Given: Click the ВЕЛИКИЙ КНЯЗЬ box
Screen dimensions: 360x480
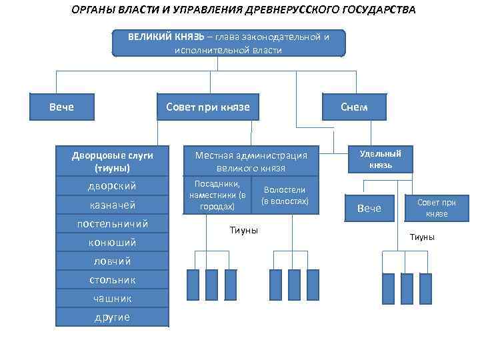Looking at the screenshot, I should click(x=229, y=43).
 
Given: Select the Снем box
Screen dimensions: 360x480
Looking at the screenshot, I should click(x=353, y=107).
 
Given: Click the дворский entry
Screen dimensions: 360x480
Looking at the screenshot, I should click(x=112, y=186).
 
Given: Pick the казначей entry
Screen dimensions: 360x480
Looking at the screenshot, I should click(x=112, y=205).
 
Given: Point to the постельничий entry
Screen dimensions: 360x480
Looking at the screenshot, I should click(x=112, y=223).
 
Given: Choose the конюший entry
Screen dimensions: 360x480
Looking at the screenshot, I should click(x=112, y=242).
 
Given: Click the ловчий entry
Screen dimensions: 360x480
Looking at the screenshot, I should click(x=112, y=261).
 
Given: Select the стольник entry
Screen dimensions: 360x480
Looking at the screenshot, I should click(x=112, y=279).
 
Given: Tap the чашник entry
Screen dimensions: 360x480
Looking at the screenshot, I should click(x=112, y=298).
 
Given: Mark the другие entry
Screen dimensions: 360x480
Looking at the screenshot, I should click(x=112, y=317).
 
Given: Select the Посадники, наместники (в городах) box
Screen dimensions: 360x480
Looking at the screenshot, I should click(x=217, y=195).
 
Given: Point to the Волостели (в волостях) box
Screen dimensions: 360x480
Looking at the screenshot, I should click(x=285, y=195).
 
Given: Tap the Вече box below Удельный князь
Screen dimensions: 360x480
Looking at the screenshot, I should click(x=369, y=209).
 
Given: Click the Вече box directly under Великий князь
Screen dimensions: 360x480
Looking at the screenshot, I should click(x=61, y=107).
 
